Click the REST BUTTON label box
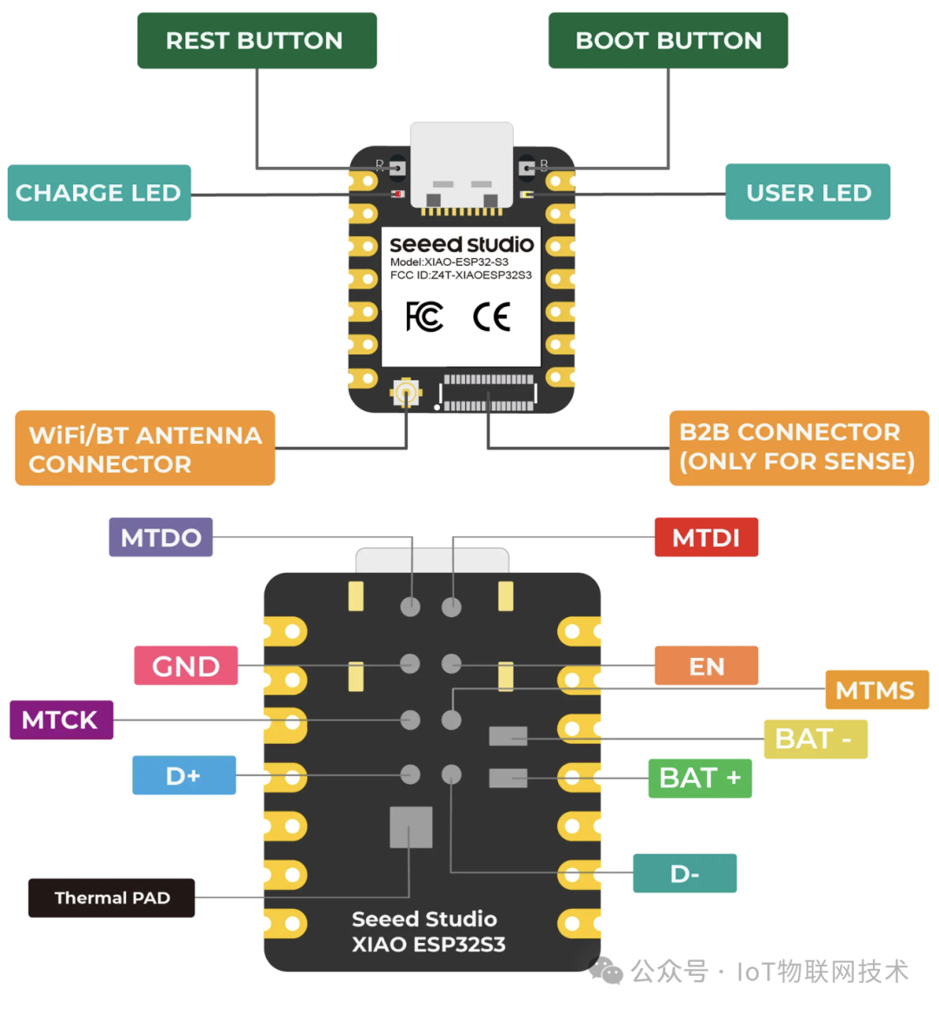point(256,41)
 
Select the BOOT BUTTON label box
point(668,41)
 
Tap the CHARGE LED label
point(99,193)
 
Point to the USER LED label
point(808,192)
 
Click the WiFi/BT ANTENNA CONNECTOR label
point(145,448)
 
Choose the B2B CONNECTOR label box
point(798,447)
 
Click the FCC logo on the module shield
point(424,317)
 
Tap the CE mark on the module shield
point(491,317)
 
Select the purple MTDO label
point(161,537)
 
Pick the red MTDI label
point(706,537)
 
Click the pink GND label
point(186,666)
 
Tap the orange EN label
point(706,666)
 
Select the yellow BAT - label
point(815,740)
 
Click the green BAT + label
point(700,778)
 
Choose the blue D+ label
point(183,775)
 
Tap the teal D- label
point(685,873)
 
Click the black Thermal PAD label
point(111,898)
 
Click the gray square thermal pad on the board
point(411,826)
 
